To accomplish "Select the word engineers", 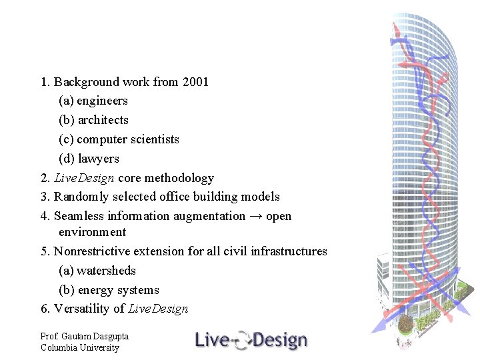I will point(102,101).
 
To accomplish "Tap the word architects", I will point(103,121).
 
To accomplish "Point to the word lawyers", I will point(99,159).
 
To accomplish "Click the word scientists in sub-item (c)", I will point(154,139).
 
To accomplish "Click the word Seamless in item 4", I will point(79,216).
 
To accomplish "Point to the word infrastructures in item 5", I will point(289,251).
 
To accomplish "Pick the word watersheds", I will point(106,271).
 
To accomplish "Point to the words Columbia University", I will point(79,347).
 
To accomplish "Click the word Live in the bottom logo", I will point(211,341).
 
